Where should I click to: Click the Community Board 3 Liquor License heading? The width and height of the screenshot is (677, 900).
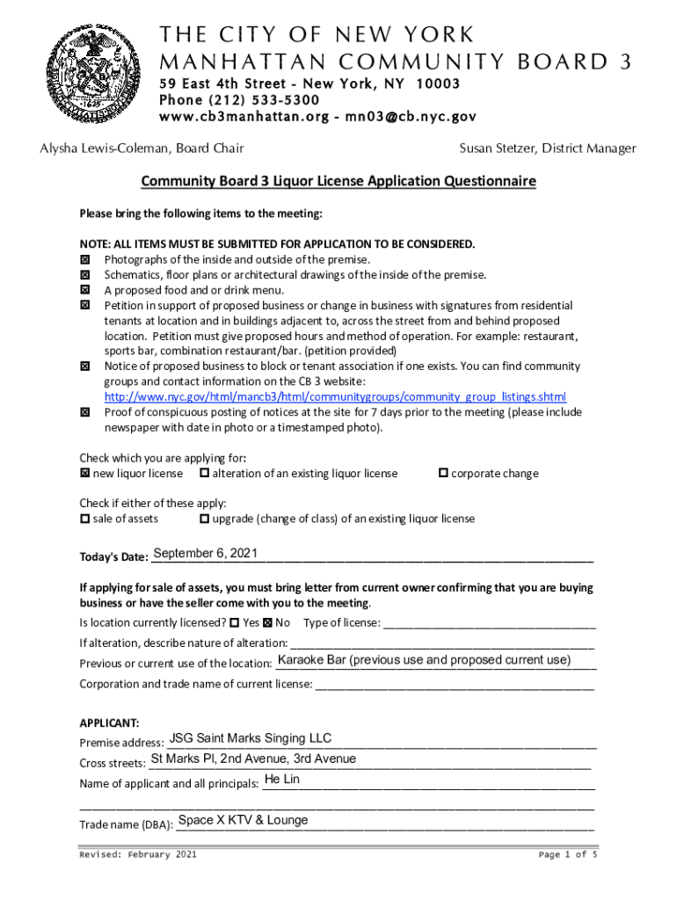pos(338,182)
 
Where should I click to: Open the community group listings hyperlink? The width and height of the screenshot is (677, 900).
pos(335,396)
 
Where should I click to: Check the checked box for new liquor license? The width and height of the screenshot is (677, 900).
pos(84,474)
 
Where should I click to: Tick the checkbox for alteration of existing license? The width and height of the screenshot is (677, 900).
pos(204,474)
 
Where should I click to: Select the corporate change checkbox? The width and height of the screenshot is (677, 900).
pos(443,474)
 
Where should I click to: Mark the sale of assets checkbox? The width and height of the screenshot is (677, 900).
pos(84,519)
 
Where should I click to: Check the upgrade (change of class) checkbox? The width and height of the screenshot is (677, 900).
pos(204,519)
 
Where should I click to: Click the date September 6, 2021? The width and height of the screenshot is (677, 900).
pos(205,553)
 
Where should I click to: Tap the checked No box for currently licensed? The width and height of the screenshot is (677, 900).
pos(268,623)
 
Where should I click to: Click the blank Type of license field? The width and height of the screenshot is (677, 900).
pos(490,623)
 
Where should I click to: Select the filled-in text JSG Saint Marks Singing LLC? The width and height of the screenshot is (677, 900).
pos(251,738)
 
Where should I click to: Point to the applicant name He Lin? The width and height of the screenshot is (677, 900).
pos(281,780)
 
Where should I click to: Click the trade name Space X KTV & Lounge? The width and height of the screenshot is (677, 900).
pos(243,820)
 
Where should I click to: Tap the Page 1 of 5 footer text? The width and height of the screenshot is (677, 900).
pos(567,854)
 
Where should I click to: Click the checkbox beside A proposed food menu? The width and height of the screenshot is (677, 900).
pos(85,289)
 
